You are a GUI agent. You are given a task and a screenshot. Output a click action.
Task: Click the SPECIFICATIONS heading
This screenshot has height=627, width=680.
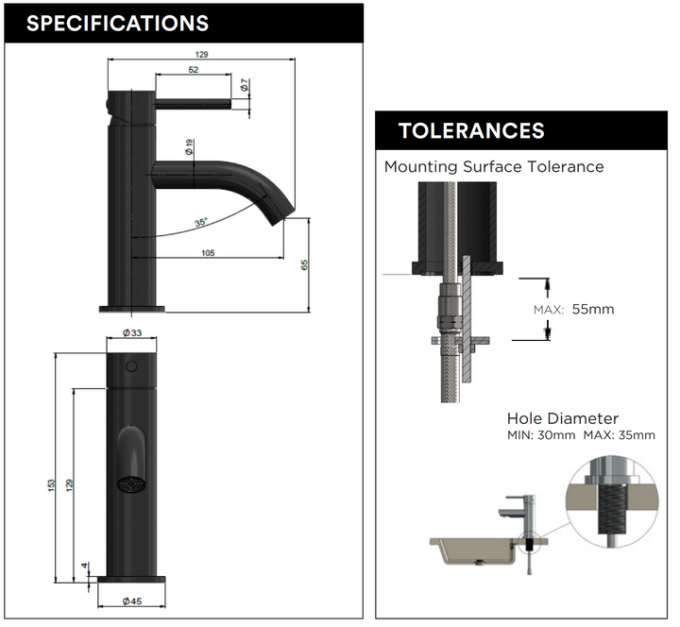pos(117,23)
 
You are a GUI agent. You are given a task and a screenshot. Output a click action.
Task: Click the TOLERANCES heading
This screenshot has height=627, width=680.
pos(471,130)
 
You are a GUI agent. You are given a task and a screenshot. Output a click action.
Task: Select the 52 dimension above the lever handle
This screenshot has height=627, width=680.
pos(193,71)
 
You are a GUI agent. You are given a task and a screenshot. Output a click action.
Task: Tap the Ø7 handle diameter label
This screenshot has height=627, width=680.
pos(245,85)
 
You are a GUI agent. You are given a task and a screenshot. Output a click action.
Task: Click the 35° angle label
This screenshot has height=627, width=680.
pos(200,223)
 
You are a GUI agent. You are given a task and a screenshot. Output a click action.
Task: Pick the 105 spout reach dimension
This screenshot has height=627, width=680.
pos(208,252)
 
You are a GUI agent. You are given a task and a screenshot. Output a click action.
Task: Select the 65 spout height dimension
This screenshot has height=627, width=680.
pos(304,264)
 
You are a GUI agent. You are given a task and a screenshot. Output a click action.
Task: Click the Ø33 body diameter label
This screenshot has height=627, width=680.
pos(131,332)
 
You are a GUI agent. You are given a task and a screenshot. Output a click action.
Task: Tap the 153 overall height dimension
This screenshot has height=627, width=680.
pos(51,483)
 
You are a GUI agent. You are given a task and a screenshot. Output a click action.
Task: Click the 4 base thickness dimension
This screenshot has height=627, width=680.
pos(85,567)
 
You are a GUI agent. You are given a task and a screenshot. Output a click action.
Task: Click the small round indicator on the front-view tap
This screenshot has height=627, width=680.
pos(131,365)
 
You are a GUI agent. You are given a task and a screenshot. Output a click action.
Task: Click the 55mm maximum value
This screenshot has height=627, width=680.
pos(592,309)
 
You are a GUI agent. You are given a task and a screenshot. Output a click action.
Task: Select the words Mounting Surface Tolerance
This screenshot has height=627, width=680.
pos(493,167)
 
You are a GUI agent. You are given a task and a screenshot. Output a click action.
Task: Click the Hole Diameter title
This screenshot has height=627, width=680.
pos(562,418)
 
